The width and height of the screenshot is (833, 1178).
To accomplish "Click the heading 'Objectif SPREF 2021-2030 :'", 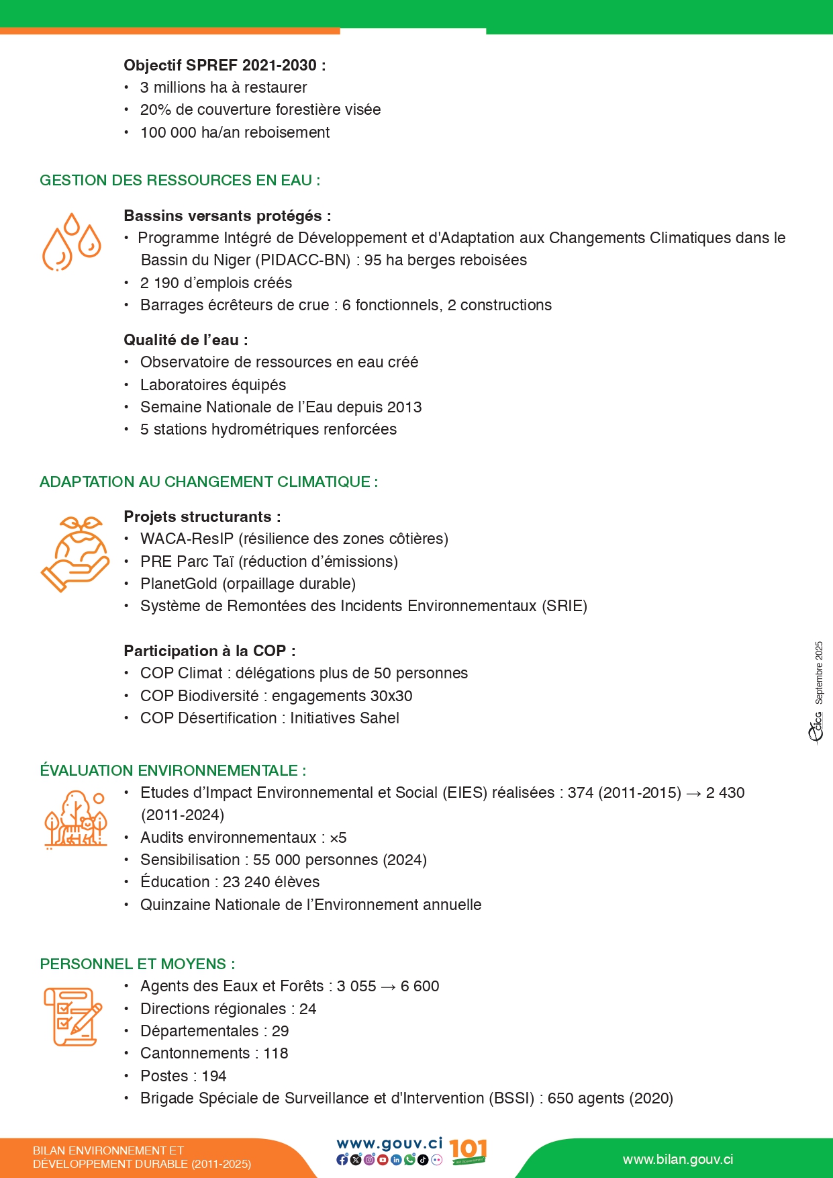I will coord(224,65).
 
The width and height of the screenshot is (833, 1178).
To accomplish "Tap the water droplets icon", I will coord(71,242).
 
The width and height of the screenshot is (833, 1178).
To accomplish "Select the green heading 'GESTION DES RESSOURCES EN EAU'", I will coord(179,180).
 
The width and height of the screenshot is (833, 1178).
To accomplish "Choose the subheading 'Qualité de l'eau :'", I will coord(185,340).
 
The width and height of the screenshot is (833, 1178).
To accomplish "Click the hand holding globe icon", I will coord(75,554).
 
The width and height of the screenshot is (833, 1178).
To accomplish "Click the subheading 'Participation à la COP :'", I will coord(209,651).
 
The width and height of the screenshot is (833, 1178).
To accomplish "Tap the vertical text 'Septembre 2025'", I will coord(819,672).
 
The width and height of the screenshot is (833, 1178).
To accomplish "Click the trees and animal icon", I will coord(75,819).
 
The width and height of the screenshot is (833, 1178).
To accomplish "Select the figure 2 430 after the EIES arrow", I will coord(725,792).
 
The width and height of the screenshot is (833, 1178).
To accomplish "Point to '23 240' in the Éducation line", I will coord(243,882).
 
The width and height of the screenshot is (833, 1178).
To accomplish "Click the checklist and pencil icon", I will coord(72,1016).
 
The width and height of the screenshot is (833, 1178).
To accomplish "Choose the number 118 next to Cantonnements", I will coord(275,1053).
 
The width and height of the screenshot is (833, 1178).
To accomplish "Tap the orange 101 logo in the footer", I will coord(468,1151).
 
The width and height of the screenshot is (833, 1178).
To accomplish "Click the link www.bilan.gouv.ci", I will coord(677,1159).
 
